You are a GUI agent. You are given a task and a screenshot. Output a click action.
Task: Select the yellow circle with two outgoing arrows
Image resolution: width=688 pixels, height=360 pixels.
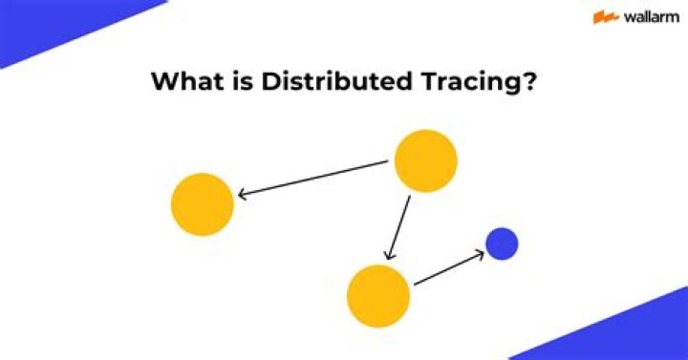425,160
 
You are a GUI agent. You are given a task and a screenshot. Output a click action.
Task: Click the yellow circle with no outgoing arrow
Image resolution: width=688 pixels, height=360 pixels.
203,204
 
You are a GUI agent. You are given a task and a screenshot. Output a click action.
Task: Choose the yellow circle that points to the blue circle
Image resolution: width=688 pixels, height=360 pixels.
378,296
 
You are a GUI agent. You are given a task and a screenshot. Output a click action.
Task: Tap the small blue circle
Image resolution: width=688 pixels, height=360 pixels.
502,244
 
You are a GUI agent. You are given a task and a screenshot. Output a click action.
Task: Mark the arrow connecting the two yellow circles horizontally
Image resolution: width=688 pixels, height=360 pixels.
315,179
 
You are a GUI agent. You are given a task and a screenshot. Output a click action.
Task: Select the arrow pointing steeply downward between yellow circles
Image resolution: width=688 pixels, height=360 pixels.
398,227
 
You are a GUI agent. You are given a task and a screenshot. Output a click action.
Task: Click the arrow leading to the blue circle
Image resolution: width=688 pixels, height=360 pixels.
448,268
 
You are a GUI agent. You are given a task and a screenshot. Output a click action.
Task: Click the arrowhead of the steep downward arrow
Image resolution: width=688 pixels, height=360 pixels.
388,256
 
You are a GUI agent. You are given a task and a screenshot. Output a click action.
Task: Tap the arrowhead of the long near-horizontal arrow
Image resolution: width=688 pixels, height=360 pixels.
243,195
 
